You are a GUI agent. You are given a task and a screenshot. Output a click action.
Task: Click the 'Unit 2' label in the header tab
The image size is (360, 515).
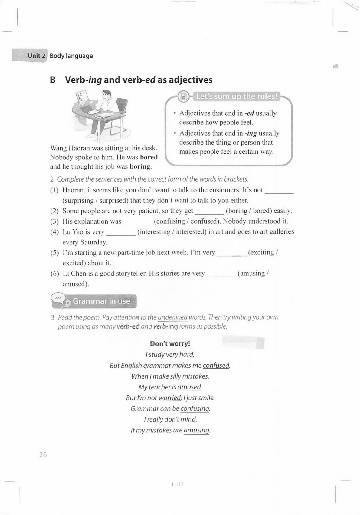point(37,56)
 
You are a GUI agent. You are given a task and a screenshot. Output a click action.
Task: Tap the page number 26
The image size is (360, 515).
point(43,454)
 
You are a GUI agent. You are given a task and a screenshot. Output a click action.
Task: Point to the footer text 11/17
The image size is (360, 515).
point(177,484)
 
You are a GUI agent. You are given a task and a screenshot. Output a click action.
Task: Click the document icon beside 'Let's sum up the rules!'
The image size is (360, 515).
point(183,97)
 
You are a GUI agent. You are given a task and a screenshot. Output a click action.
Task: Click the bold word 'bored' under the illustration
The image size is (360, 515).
point(149,157)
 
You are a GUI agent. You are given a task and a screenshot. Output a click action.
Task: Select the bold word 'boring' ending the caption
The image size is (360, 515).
point(140,166)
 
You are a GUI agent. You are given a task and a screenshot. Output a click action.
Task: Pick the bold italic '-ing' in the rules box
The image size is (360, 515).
point(251,133)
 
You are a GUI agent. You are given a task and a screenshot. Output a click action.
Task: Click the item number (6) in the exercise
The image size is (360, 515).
point(55,274)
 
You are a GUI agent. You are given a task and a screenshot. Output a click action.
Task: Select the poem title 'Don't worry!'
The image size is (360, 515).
point(170,344)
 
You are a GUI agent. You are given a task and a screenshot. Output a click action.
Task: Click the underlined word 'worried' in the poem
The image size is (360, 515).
point(169,398)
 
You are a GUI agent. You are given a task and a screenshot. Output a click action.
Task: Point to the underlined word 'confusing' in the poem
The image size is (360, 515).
point(195,409)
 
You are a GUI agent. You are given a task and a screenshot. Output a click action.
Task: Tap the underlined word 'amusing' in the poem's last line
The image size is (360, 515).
point(196,430)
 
